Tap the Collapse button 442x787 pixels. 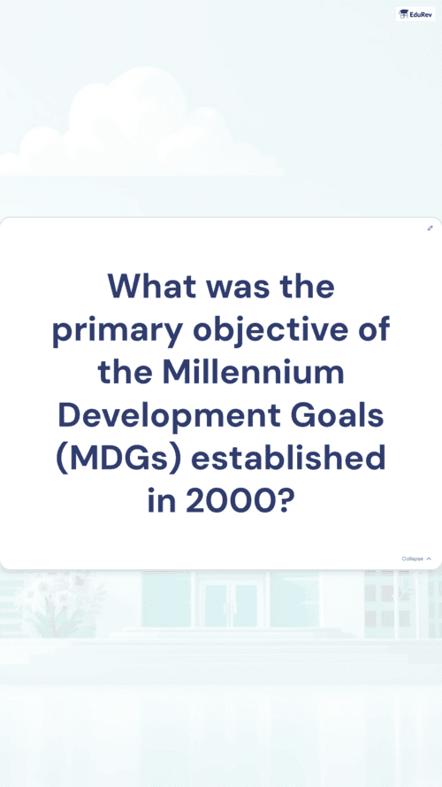pyautogui.click(x=416, y=559)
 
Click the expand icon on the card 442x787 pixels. pyautogui.click(x=430, y=228)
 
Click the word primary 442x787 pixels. pyautogui.click(x=118, y=332)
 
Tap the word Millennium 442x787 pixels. pyautogui.click(x=254, y=372)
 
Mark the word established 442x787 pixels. pyautogui.click(x=288, y=459)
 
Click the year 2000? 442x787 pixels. pyautogui.click(x=239, y=501)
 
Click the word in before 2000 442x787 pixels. pyautogui.click(x=161, y=501)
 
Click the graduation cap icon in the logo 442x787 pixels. pyautogui.click(x=403, y=14)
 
